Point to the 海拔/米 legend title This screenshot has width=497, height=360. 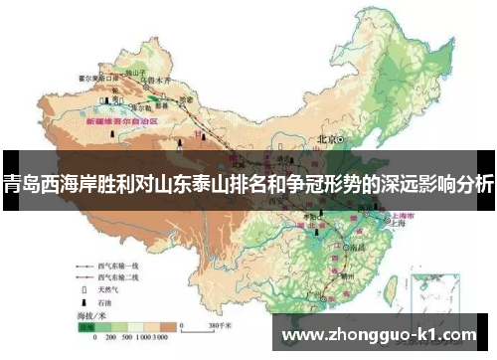coord(95,316)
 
